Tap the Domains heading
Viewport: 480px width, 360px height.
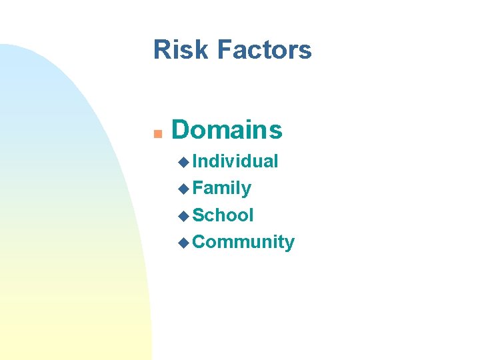(227, 130)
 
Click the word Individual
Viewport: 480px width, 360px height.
(235, 161)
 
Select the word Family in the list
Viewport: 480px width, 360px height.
(222, 189)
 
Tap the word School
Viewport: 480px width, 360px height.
(223, 215)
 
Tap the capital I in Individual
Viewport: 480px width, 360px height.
(195, 161)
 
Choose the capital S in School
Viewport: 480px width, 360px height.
(198, 215)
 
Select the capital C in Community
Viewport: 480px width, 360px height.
(199, 242)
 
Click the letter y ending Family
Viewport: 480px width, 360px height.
(247, 191)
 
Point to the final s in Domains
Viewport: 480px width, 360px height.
(276, 132)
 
